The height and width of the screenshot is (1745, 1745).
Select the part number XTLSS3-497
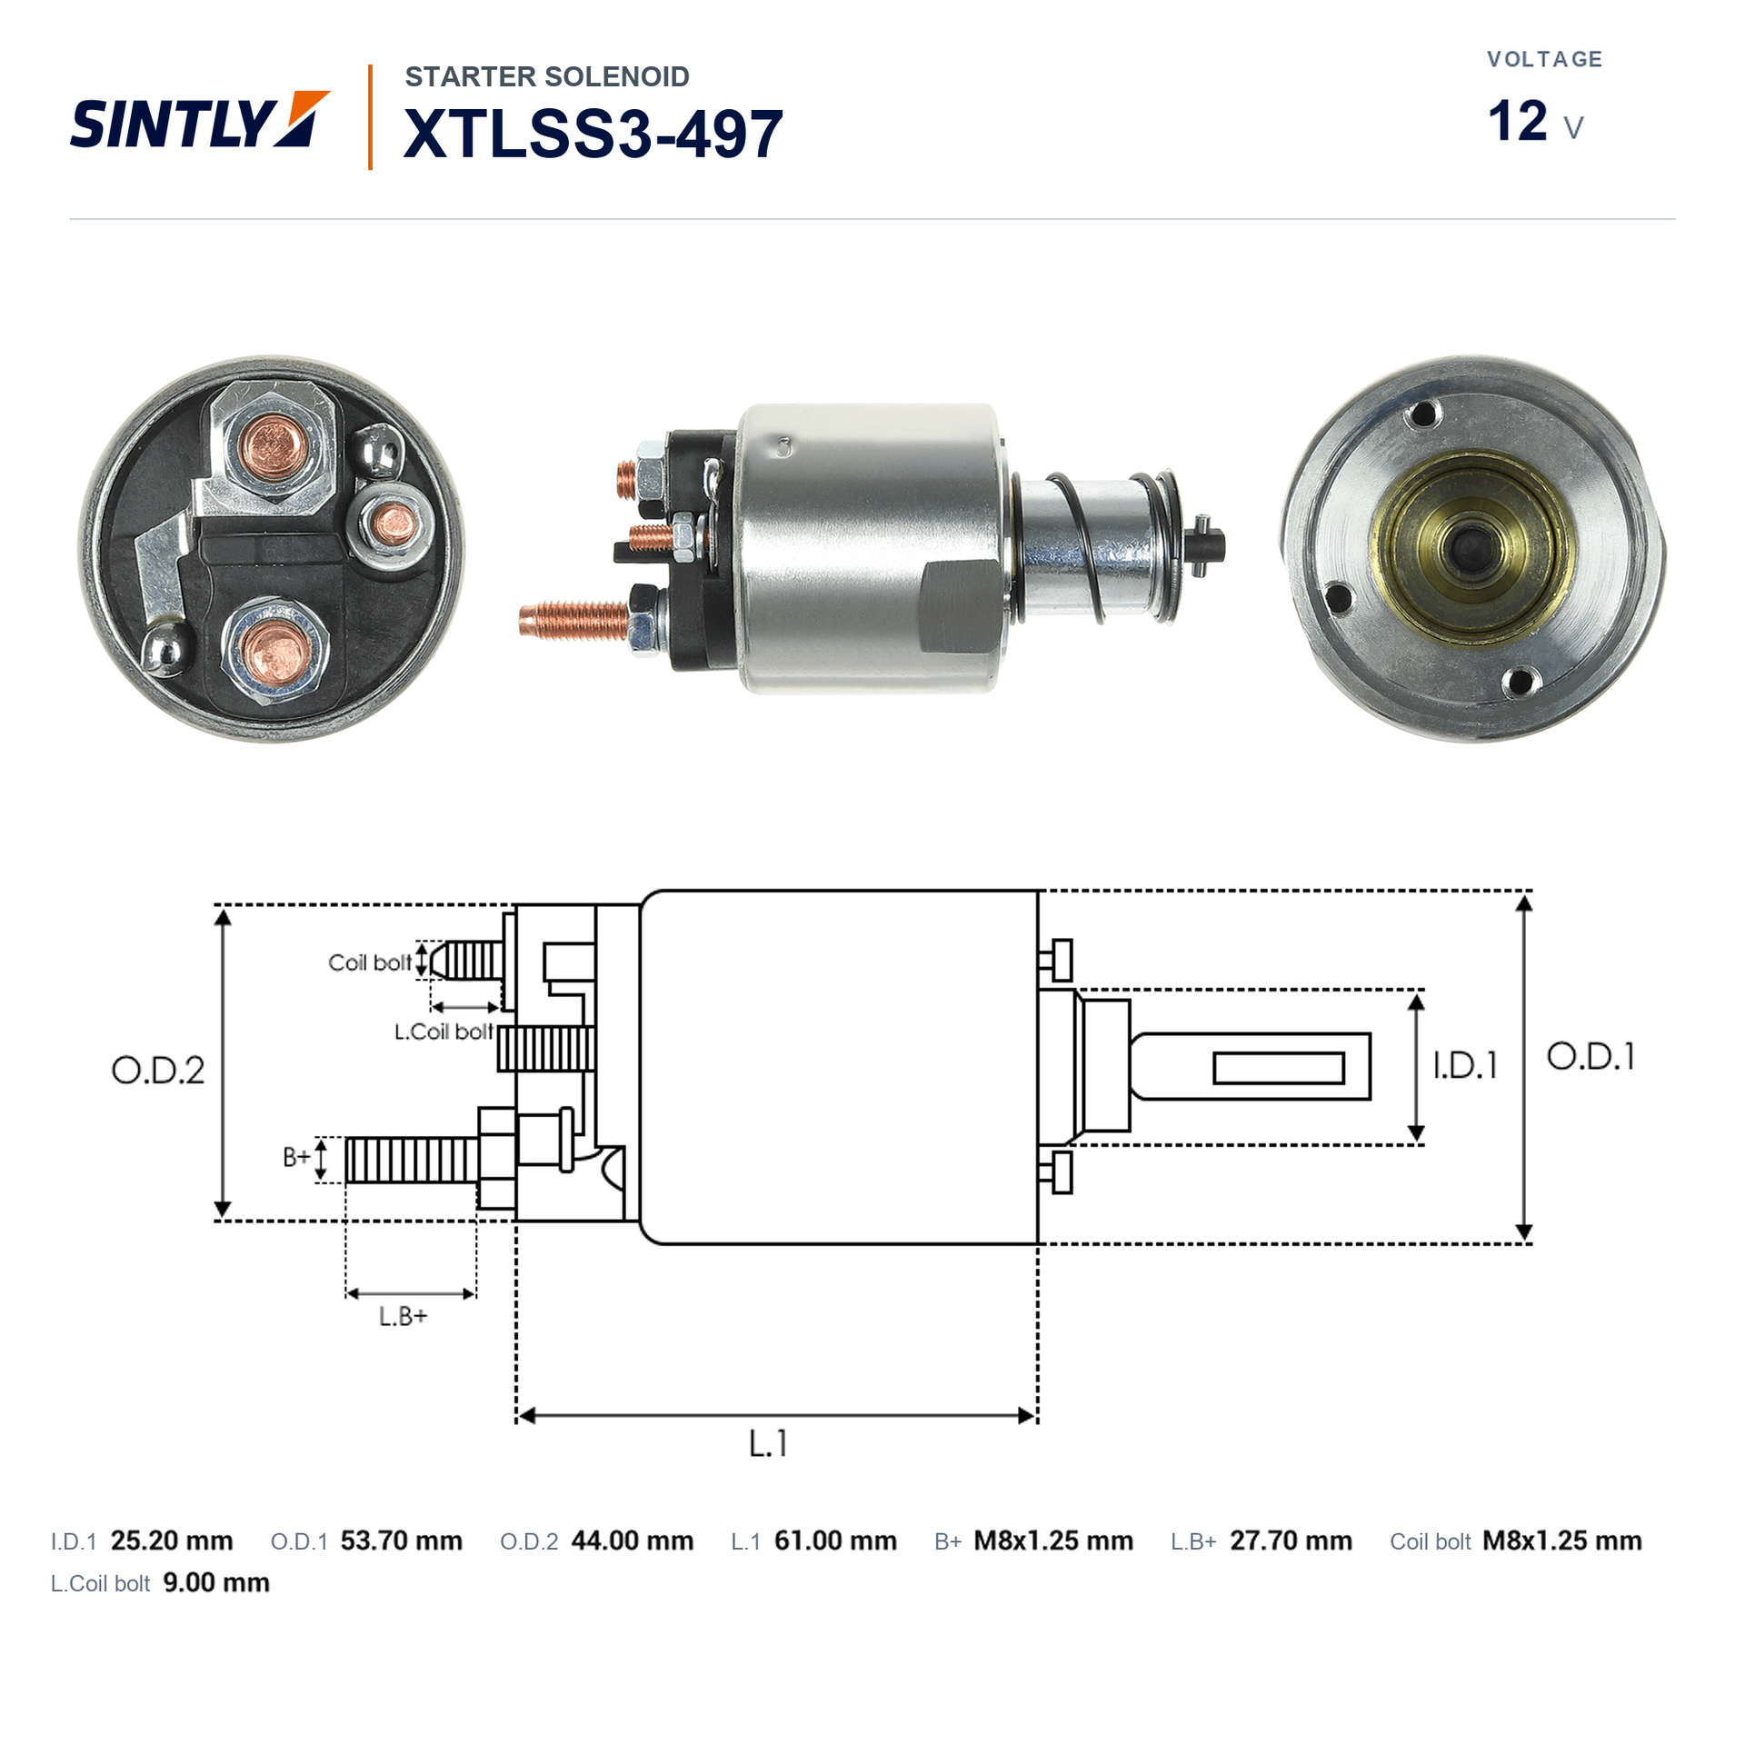tap(593, 134)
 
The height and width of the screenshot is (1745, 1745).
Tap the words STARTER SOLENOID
tap(547, 76)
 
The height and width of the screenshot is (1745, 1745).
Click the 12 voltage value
tap(1517, 121)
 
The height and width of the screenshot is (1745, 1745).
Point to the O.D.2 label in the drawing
tap(158, 1071)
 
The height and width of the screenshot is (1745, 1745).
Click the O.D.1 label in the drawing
tap(1590, 1056)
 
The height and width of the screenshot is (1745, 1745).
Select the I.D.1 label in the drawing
tap(1464, 1065)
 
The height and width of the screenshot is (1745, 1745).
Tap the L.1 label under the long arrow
tap(768, 1443)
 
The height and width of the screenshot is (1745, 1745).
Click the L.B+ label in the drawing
tap(403, 1316)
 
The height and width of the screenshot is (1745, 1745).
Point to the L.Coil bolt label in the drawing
tap(444, 1032)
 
